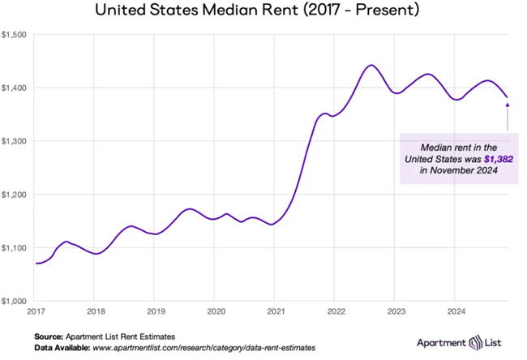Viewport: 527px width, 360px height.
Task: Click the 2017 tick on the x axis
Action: [x=36, y=311]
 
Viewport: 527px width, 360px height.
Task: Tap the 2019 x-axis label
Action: [x=156, y=311]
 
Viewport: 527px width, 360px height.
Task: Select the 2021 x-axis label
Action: [x=276, y=311]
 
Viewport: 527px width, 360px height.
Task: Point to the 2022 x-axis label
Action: [x=336, y=311]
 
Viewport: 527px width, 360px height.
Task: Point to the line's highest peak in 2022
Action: [x=371, y=65]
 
